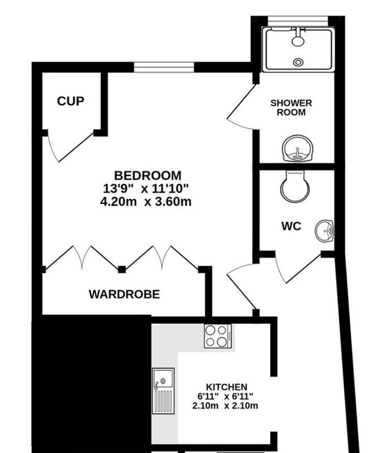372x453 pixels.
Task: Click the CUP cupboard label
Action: click(x=71, y=101)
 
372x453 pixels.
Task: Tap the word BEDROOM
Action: click(x=148, y=176)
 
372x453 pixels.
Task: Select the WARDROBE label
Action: click(x=124, y=294)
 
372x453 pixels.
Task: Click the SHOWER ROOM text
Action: click(x=291, y=108)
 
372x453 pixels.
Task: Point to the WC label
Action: click(x=291, y=226)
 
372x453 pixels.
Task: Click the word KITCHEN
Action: click(x=226, y=387)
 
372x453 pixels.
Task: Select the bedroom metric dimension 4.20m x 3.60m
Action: click(x=146, y=202)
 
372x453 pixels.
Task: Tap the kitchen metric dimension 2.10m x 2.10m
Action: click(x=225, y=405)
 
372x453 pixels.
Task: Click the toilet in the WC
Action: click(x=295, y=186)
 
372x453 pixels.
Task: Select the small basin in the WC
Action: click(x=324, y=231)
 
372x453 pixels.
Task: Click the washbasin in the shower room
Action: click(x=297, y=148)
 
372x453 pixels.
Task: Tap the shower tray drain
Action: click(x=298, y=62)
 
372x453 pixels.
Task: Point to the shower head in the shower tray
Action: click(x=298, y=41)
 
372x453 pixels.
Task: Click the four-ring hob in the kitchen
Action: click(x=218, y=336)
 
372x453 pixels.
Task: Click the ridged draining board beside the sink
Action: click(x=163, y=401)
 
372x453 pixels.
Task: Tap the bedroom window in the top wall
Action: click(x=164, y=67)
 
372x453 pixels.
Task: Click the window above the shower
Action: click(x=298, y=21)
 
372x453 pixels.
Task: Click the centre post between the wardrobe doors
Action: click(x=122, y=270)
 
